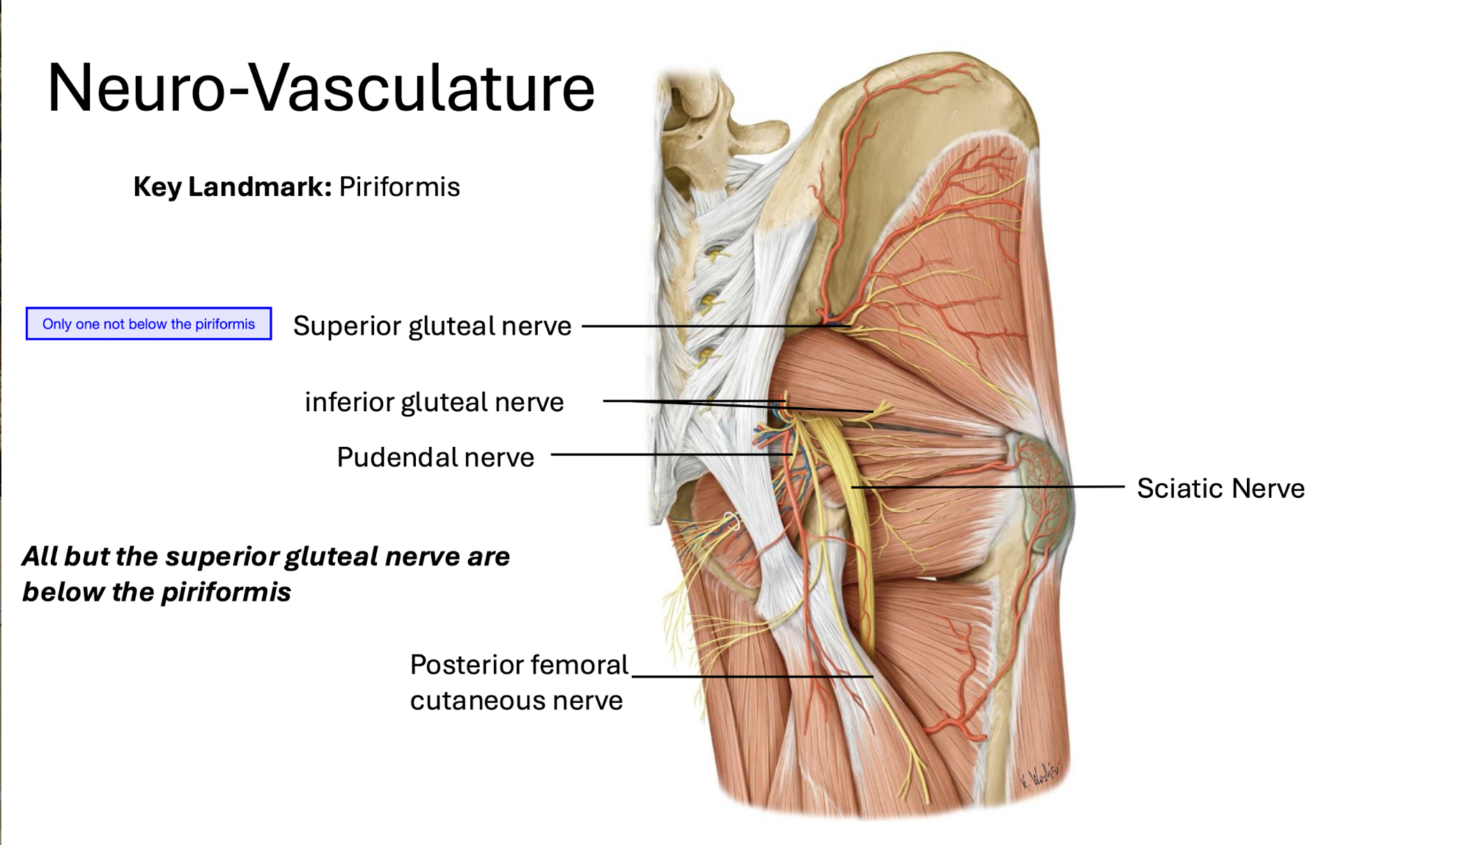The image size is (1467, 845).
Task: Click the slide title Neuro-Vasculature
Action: tap(320, 88)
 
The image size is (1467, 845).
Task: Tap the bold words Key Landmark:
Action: tap(232, 187)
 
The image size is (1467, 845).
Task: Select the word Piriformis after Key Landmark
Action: tap(399, 187)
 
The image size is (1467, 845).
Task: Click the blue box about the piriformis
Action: tap(148, 323)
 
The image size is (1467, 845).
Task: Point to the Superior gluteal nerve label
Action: tap(432, 326)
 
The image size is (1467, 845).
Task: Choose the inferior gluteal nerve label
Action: tap(434, 402)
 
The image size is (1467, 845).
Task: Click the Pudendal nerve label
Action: tap(435, 457)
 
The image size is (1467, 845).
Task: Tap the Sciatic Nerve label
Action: tap(1220, 488)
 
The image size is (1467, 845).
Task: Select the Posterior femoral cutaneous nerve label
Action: tap(518, 682)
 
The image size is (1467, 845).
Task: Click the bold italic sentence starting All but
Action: tap(265, 574)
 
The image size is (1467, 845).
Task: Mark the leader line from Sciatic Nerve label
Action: tap(989, 487)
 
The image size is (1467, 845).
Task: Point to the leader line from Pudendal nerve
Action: tap(669, 455)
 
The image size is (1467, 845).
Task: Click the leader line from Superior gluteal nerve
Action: tap(711, 326)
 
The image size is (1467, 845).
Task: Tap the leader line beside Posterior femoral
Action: tap(752, 676)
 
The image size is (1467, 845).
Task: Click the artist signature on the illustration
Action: tap(1039, 774)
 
